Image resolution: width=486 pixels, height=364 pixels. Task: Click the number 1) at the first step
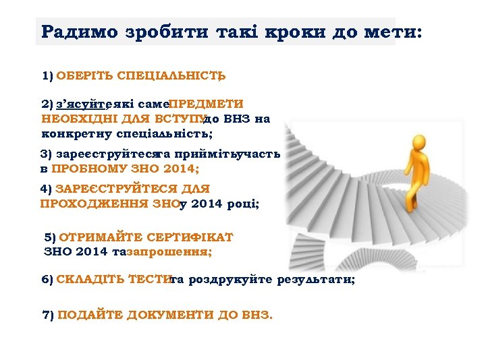(47, 75)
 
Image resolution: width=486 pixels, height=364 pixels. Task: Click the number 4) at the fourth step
(47, 189)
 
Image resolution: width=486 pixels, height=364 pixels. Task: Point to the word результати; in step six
(316, 280)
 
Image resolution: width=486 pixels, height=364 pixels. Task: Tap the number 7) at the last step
(48, 314)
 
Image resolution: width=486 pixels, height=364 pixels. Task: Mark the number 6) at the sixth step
(47, 280)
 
